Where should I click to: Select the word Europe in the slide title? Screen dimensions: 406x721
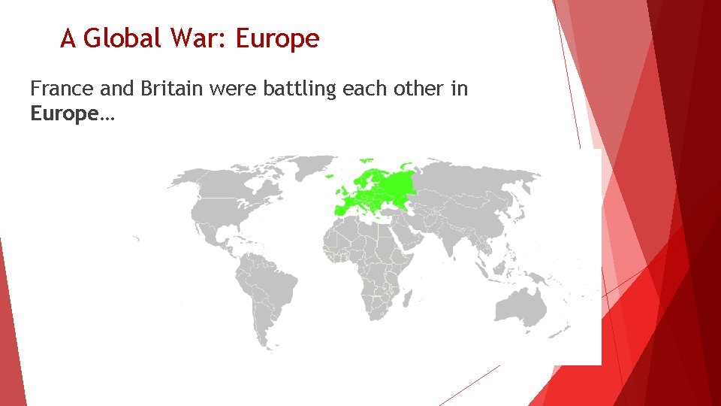277,38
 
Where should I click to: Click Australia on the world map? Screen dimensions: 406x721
523,308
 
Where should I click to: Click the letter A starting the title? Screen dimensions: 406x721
68,38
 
